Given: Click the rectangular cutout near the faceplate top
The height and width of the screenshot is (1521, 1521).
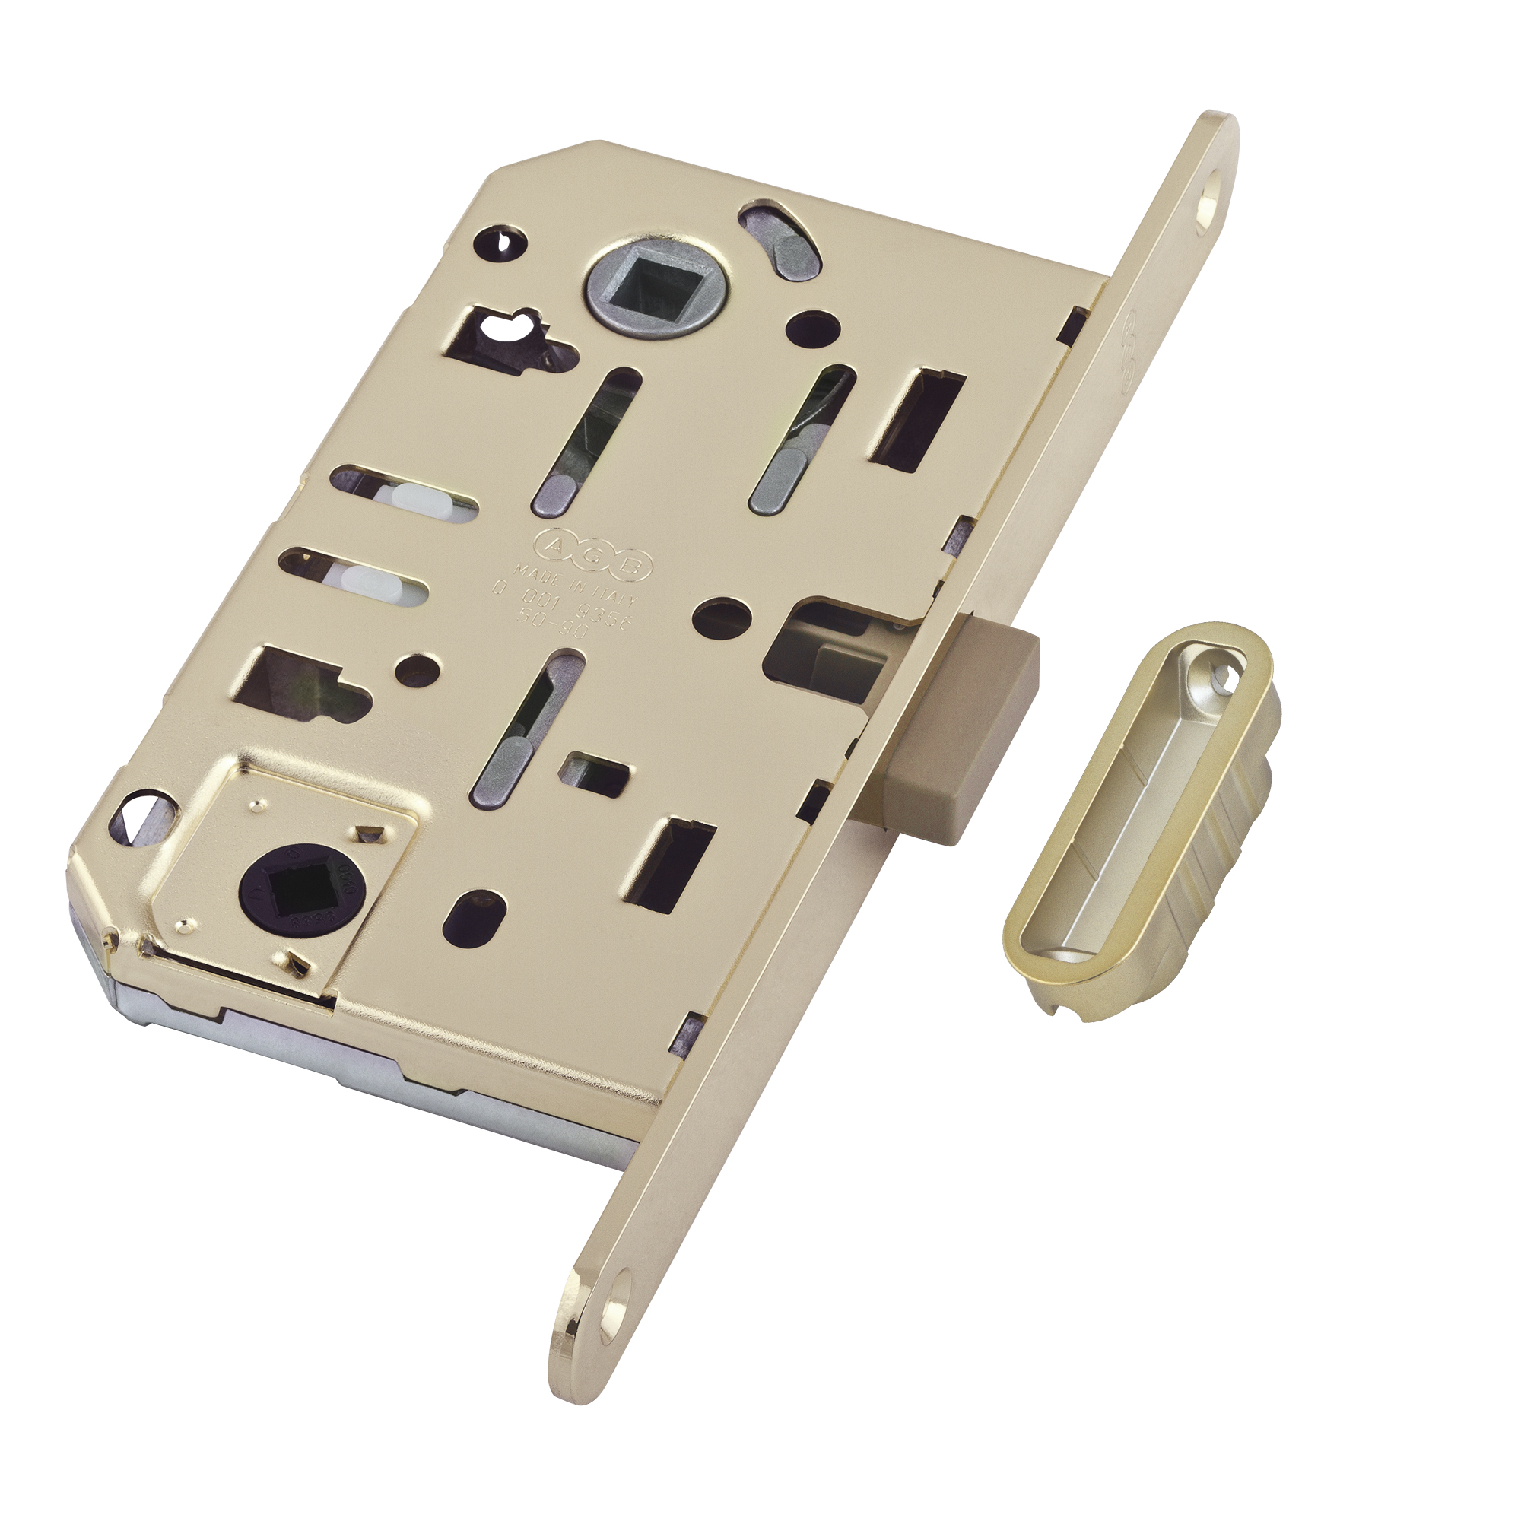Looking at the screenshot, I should [917, 418].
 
